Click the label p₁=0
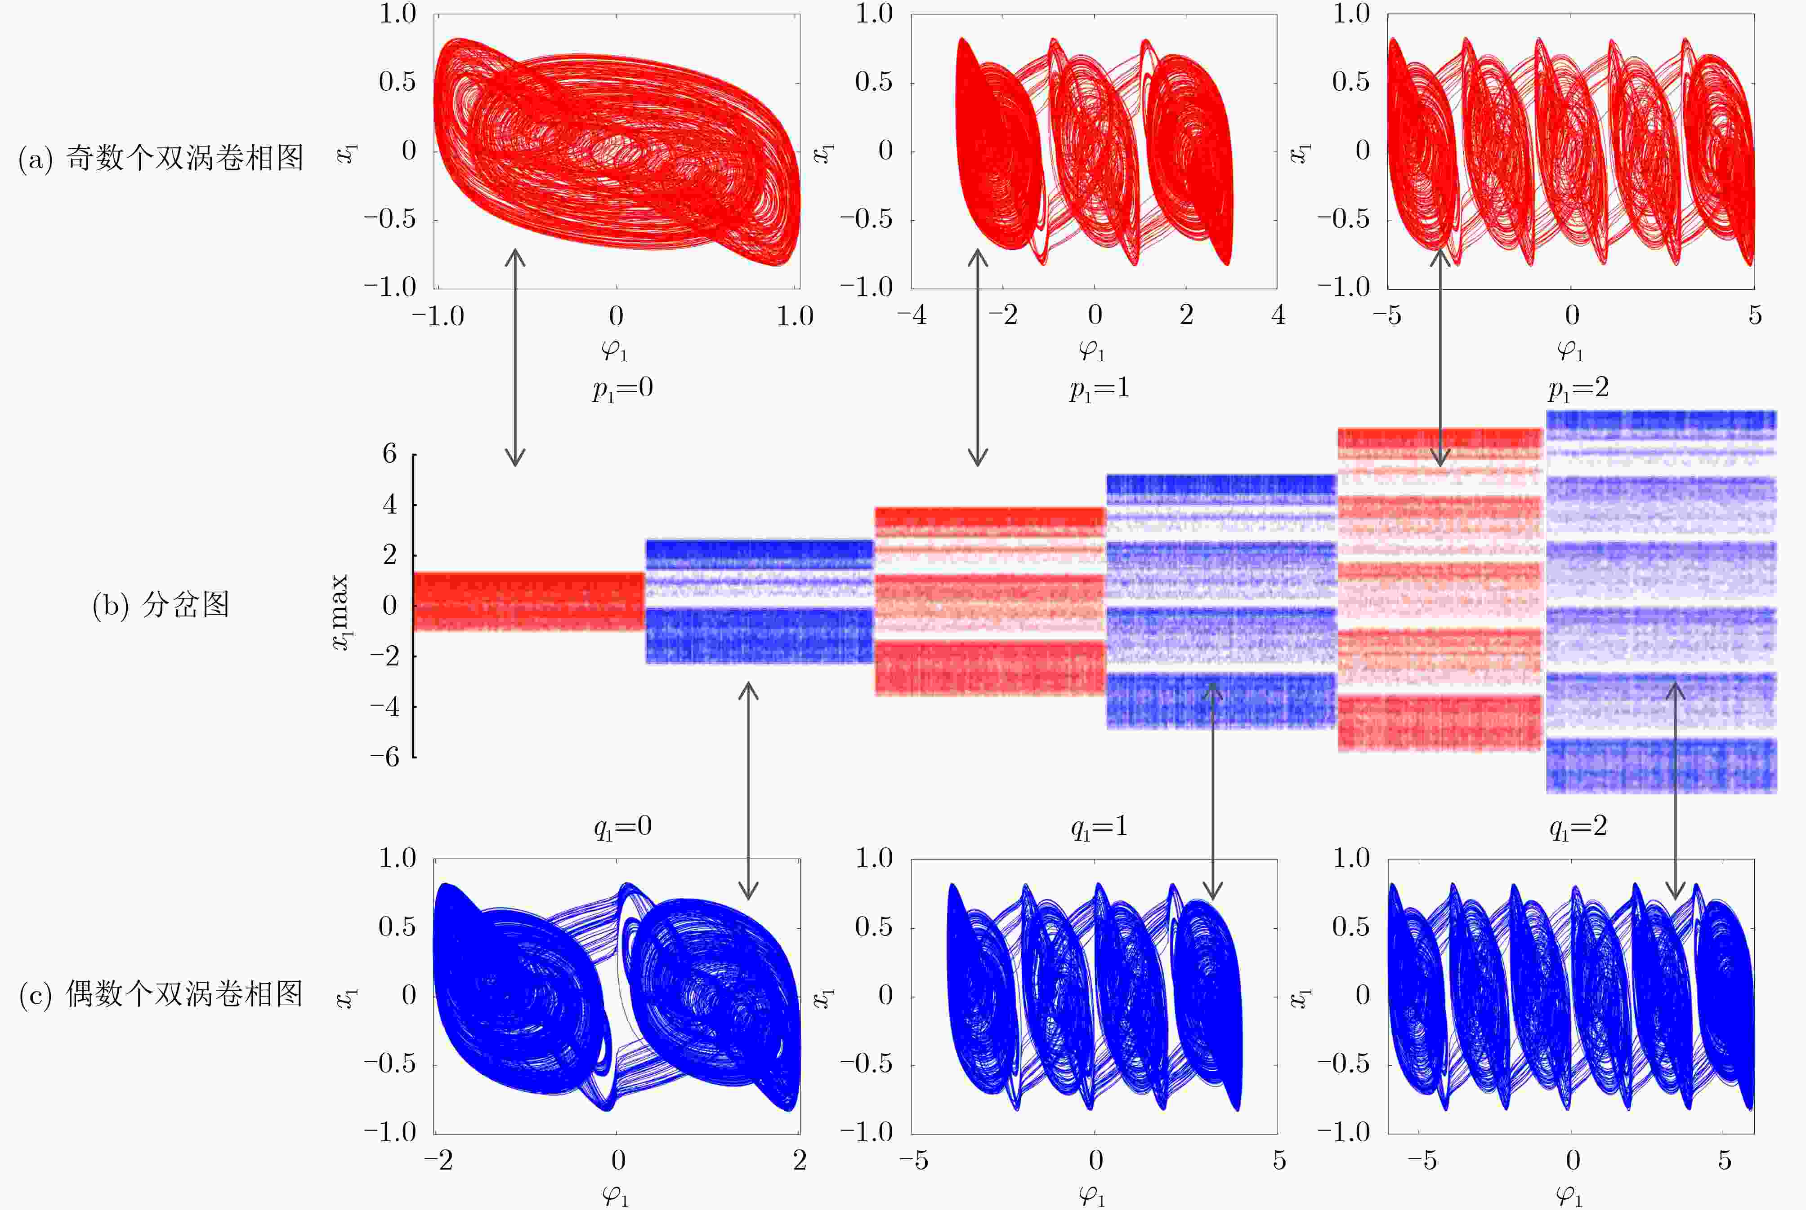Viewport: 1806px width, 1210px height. point(622,388)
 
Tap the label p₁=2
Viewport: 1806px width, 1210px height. point(1578,388)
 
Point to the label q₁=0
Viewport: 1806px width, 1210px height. point(622,827)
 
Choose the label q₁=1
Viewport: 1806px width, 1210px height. point(1099,827)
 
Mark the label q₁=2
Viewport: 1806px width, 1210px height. point(1578,827)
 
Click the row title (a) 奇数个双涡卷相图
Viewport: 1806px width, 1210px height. point(161,158)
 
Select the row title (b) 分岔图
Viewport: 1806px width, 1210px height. point(161,605)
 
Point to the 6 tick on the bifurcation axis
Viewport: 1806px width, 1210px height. point(390,454)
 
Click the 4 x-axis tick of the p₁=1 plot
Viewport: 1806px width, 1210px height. point(1278,315)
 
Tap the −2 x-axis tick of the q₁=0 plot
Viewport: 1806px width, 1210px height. point(438,1160)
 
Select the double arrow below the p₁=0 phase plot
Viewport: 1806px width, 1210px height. point(515,357)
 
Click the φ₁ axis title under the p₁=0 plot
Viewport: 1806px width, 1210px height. point(615,351)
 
